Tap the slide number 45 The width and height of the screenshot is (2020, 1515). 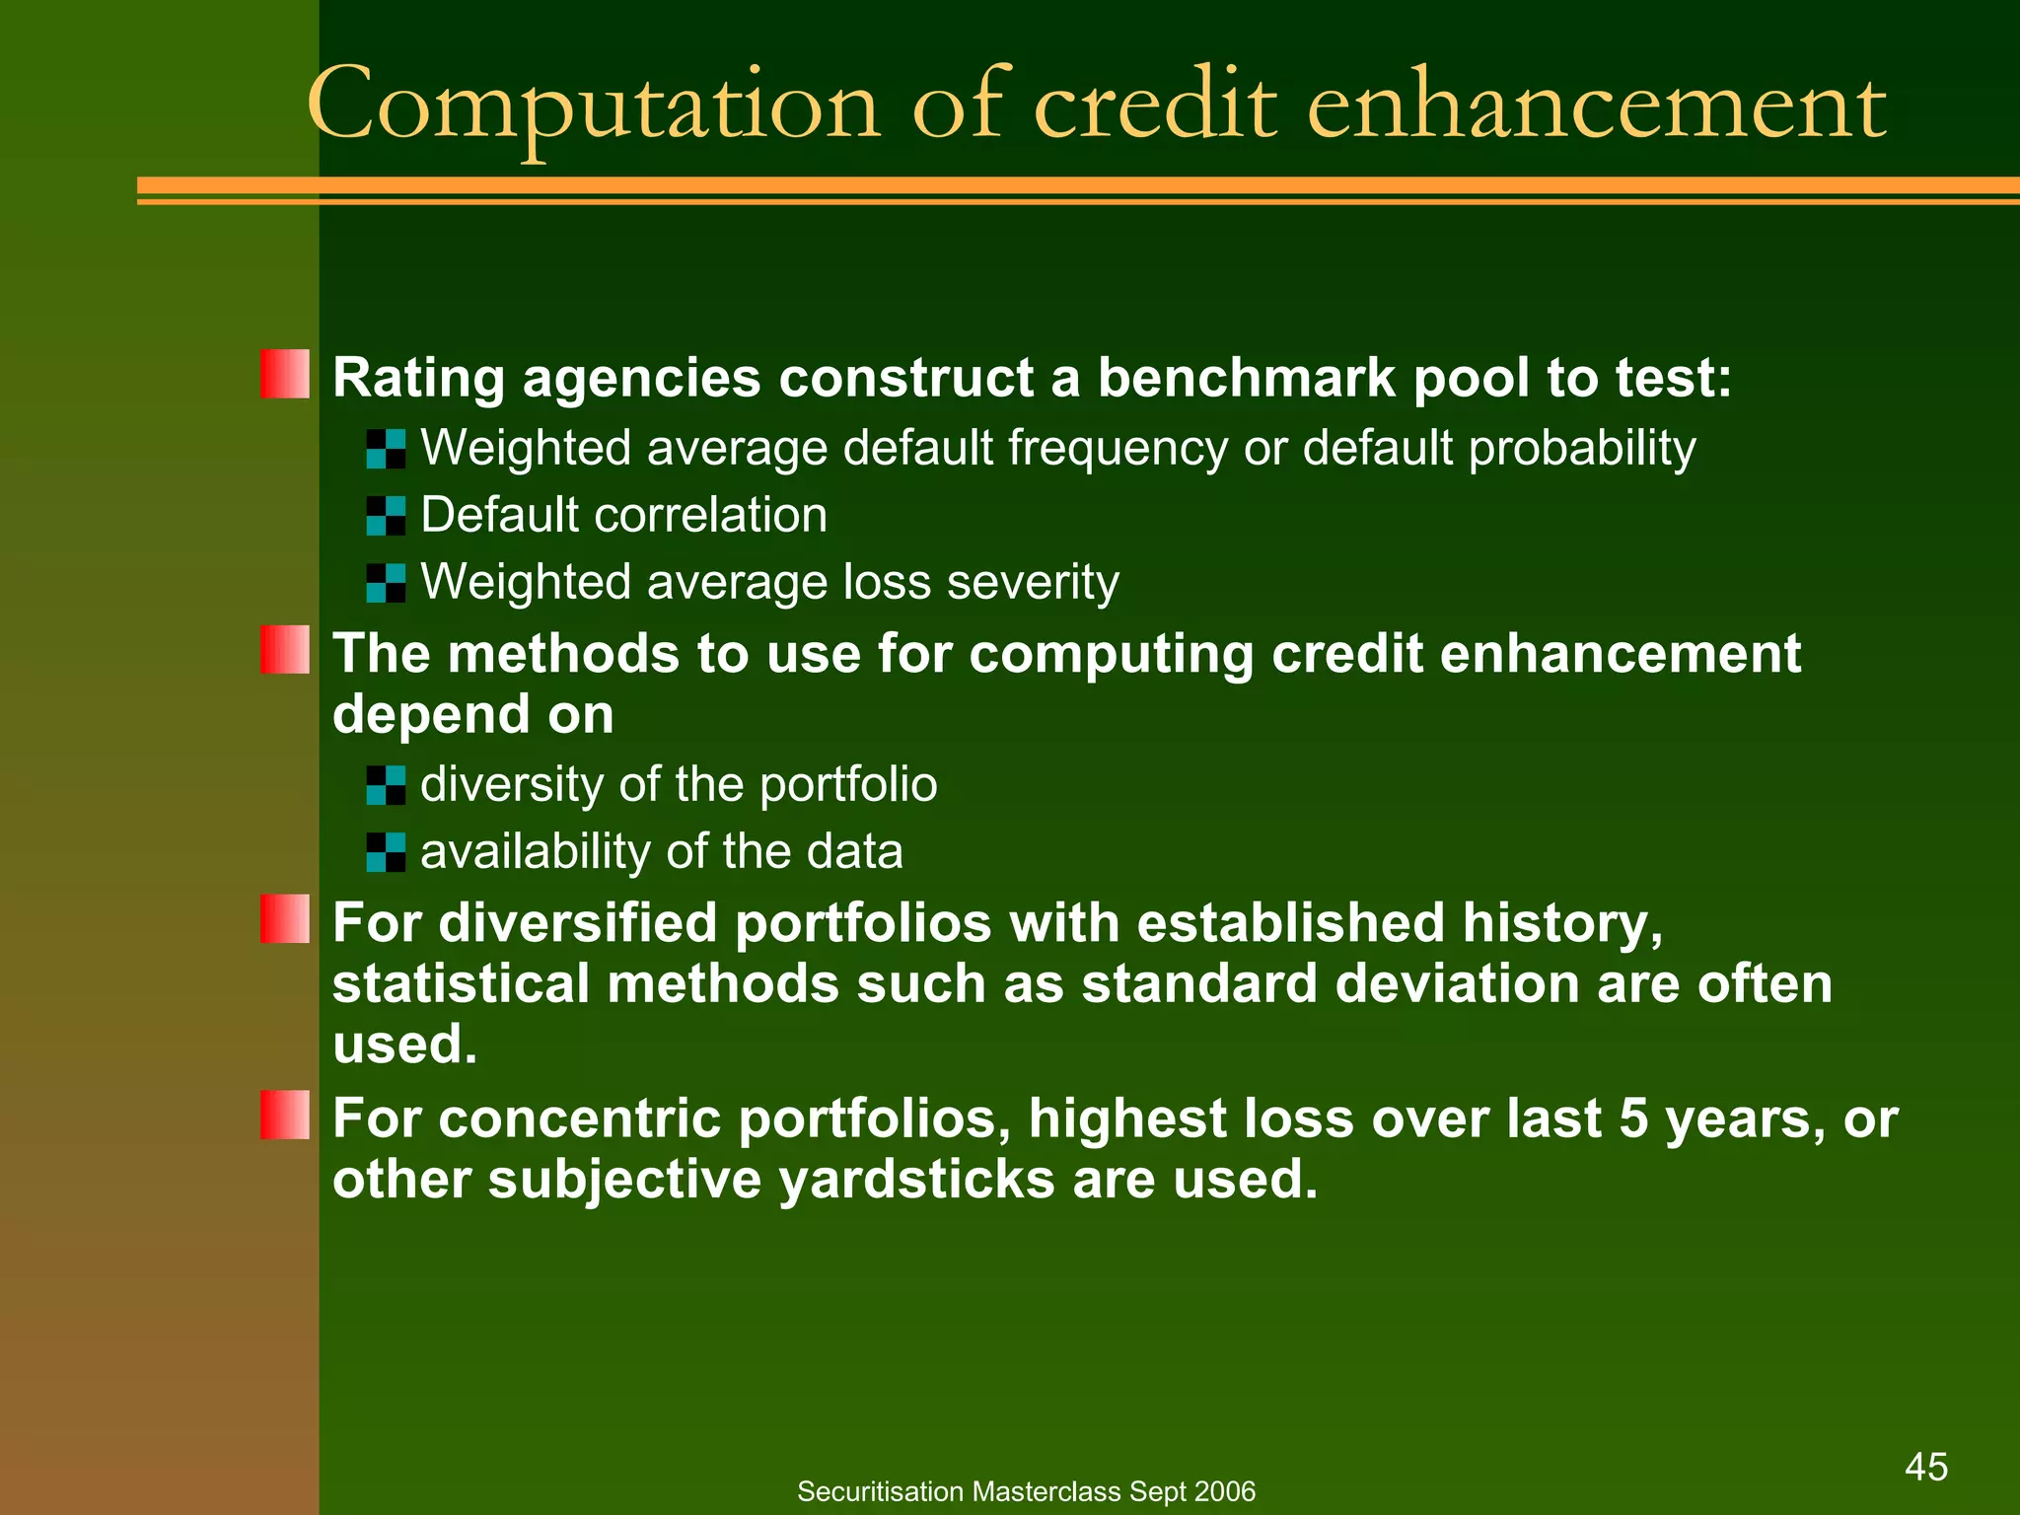point(1925,1467)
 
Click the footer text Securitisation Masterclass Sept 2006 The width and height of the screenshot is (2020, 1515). point(1026,1491)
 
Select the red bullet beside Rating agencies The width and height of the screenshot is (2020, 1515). point(285,374)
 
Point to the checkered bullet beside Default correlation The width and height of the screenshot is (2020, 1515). point(386,516)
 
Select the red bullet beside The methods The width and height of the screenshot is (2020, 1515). point(285,650)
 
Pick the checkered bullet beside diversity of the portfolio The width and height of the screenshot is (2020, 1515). point(386,785)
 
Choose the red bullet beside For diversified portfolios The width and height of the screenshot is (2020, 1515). point(285,919)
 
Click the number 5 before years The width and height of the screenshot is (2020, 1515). point(1633,1118)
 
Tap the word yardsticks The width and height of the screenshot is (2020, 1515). point(917,1180)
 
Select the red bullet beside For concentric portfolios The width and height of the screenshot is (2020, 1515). point(285,1115)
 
